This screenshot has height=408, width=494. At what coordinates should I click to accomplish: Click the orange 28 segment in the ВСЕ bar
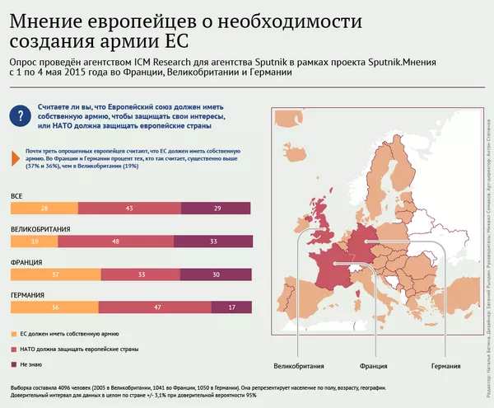point(44,208)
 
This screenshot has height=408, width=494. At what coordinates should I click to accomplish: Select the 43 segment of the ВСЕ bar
point(129,208)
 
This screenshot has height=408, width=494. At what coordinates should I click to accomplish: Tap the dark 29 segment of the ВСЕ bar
point(217,208)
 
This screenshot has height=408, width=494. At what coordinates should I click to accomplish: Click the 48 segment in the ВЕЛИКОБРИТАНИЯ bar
point(115,242)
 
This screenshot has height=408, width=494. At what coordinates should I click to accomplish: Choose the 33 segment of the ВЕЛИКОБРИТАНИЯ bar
point(213,242)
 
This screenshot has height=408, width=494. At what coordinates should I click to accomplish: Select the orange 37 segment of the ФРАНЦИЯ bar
point(54,274)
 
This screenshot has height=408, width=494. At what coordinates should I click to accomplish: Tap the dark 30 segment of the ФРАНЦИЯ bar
point(216,274)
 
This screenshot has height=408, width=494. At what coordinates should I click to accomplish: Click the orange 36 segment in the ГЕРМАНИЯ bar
point(54,307)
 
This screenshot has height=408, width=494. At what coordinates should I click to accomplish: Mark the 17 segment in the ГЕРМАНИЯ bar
point(232,307)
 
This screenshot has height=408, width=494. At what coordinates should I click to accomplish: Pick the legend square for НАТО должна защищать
point(14,349)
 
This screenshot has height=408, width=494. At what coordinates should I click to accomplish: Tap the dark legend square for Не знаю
point(14,364)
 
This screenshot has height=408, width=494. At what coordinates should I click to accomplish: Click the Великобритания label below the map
point(298,364)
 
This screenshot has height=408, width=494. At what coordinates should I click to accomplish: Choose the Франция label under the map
point(374,364)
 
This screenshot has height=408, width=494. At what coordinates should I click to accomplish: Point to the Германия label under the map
point(446,364)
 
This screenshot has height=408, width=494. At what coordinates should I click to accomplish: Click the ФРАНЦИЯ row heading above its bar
point(27,262)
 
